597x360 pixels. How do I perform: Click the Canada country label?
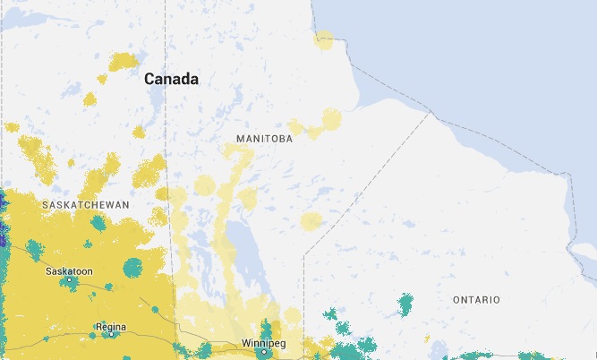point(171,80)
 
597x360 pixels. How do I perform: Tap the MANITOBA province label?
point(265,139)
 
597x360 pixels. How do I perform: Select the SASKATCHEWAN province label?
point(86,205)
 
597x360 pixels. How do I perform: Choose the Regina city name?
point(111,326)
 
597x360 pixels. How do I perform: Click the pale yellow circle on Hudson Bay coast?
point(324,39)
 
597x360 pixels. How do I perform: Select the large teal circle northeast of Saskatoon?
point(132,266)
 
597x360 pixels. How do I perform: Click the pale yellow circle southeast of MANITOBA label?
point(311,220)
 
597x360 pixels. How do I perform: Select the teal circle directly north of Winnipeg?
point(266,330)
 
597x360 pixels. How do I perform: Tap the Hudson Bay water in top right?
point(483,54)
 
